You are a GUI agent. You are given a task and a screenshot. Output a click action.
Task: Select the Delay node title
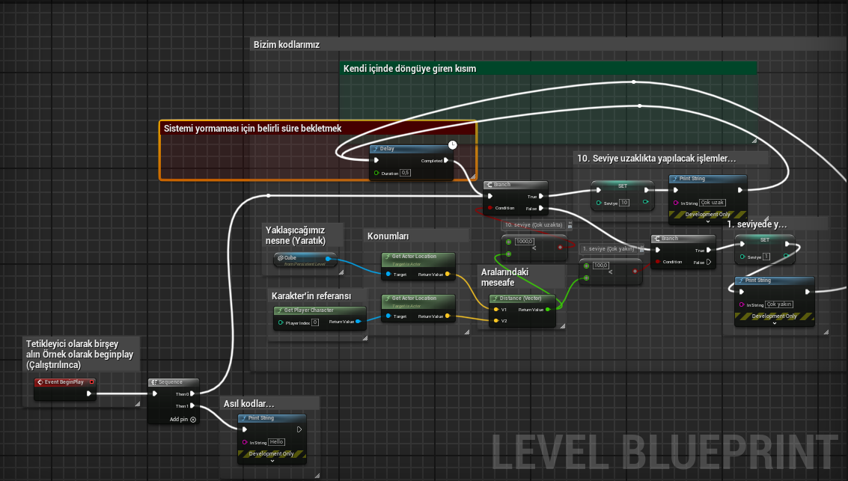(388, 149)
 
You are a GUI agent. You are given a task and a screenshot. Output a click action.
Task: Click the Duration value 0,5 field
(406, 173)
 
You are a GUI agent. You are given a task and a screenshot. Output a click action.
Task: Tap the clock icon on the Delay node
(452, 144)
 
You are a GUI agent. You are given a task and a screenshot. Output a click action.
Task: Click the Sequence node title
(170, 382)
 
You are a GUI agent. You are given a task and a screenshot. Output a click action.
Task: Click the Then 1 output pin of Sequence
(192, 406)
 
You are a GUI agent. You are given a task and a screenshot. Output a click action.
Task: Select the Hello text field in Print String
(276, 442)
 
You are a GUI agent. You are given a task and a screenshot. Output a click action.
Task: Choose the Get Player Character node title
(308, 310)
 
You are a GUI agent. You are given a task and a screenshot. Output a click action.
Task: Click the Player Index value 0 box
(315, 322)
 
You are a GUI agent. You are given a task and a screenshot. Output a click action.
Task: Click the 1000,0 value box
(524, 242)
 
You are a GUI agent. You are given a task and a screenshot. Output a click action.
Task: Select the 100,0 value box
(600, 266)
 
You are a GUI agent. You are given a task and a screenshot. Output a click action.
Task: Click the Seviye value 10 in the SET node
(624, 203)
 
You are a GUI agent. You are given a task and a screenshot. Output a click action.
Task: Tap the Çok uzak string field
(713, 203)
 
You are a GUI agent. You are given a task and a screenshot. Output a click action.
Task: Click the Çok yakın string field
(778, 304)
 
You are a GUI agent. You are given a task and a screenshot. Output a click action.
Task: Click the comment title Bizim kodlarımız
(287, 44)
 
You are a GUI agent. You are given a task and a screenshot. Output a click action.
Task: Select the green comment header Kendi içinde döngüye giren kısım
(410, 68)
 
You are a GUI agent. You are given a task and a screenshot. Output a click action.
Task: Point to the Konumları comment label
(388, 236)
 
